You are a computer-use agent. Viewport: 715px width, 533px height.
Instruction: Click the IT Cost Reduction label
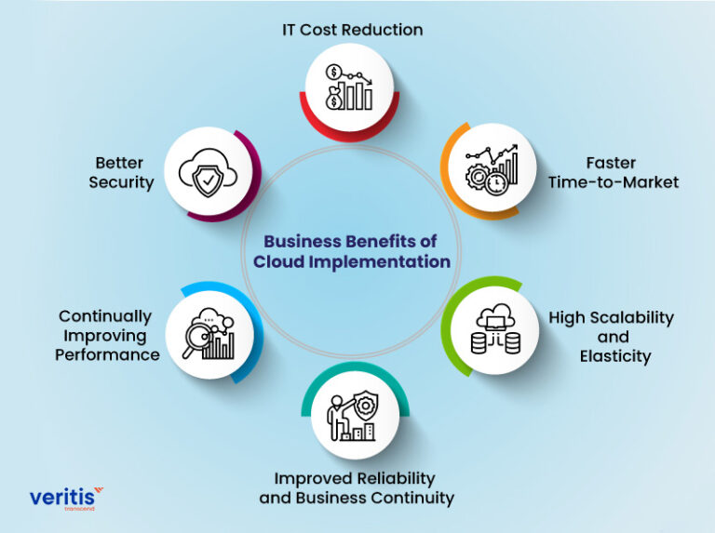[x=353, y=30]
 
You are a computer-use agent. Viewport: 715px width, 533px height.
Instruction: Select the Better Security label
[x=121, y=172]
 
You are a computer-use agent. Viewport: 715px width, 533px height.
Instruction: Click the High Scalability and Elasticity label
[x=611, y=337]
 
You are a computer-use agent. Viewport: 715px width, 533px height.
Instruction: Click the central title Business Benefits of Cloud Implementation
[x=352, y=251]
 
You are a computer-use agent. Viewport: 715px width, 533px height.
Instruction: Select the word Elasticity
[x=614, y=355]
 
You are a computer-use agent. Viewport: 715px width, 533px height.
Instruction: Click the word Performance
[x=107, y=354]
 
